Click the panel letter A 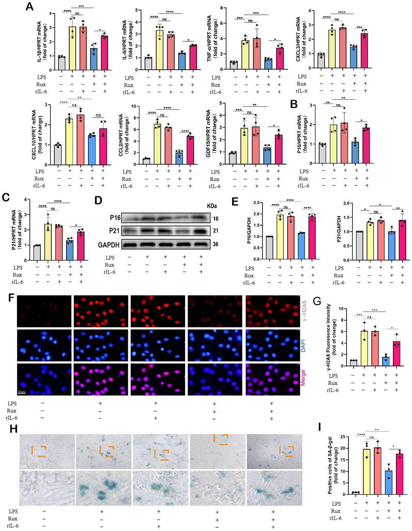[30, 7]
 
